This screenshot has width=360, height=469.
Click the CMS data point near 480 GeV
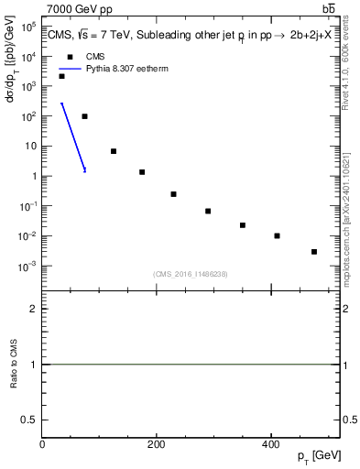pos(314,252)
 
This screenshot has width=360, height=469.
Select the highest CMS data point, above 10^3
pos(61,76)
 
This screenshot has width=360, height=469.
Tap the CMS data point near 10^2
pos(84,116)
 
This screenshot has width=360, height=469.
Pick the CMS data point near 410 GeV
pos(277,235)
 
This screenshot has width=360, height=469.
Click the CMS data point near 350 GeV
pos(243,224)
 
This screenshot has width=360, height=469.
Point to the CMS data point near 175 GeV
pos(142,172)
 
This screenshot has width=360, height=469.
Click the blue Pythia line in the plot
pos(73,137)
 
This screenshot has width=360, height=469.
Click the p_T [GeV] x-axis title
pos(320,455)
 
